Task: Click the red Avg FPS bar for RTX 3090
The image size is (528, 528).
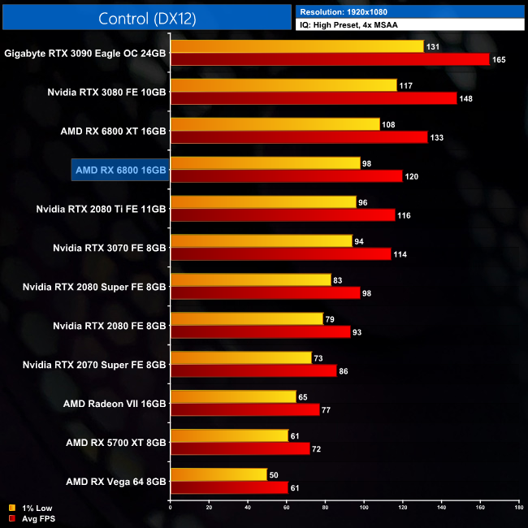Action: tap(329, 59)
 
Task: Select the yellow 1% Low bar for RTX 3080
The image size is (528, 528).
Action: tap(283, 85)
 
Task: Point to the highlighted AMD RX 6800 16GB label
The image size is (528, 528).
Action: tap(119, 170)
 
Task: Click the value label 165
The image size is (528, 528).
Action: tap(500, 59)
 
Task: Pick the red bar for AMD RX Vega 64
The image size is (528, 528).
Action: tap(228, 487)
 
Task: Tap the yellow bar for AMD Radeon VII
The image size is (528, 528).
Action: tap(232, 396)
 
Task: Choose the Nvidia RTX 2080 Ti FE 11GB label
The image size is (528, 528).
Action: tap(101, 209)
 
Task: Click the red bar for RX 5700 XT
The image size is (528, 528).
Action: tap(240, 448)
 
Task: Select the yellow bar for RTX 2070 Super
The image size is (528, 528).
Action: tap(240, 357)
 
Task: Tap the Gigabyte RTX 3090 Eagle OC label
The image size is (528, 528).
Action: tap(84, 53)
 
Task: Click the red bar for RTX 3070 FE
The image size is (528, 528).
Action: tap(280, 254)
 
